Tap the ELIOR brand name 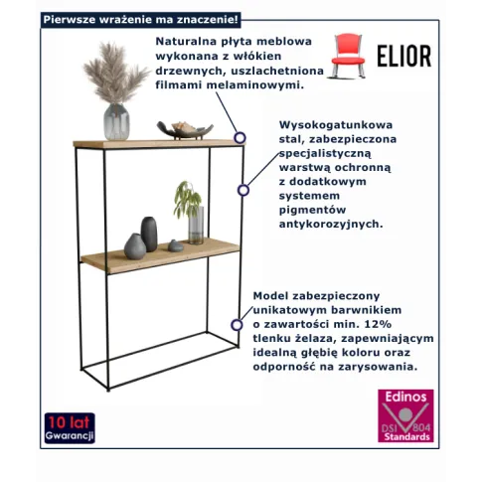point(403,56)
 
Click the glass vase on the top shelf point(117,121)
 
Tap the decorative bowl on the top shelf point(185,130)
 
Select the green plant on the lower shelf point(187,198)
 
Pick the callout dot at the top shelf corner point(239,137)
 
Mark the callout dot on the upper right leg point(241,189)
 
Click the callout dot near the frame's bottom point(237,323)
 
